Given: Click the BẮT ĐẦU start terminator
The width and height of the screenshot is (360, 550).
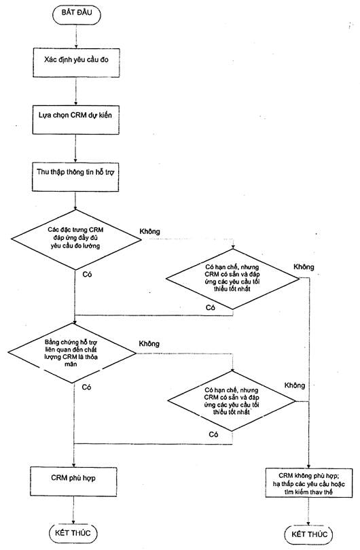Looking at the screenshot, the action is coord(77,14).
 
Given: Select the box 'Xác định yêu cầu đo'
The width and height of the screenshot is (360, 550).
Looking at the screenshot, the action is coord(76,63).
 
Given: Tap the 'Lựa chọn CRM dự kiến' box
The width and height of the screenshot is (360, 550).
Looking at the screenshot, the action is coord(75,120).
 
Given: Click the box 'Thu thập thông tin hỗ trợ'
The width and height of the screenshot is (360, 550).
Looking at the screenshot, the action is coord(75,177).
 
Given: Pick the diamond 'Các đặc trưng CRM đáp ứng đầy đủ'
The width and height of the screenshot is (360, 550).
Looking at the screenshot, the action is coord(76,239).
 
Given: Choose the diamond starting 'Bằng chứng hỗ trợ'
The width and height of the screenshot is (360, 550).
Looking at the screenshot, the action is coord(72,353).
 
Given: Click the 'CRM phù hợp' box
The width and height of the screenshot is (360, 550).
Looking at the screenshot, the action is coord(73,481).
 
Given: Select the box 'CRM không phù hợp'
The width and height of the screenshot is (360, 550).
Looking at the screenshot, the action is coord(309,483).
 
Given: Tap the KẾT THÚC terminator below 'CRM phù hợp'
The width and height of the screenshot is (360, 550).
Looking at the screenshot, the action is coord(73,533).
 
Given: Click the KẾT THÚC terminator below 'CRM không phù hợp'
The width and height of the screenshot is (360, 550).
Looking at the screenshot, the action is coord(309,534).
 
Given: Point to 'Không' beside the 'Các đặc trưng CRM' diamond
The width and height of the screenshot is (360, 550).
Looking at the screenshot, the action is coord(149,232).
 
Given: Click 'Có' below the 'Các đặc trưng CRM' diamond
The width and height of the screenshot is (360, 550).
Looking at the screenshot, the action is coord(88,274).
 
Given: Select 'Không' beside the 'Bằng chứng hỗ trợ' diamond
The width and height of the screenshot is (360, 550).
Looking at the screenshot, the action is coord(149,344).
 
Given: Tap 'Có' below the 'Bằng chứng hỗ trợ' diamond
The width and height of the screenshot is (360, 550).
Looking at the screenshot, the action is coord(86,388).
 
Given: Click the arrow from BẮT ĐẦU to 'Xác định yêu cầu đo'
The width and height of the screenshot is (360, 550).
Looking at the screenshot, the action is coord(77,36).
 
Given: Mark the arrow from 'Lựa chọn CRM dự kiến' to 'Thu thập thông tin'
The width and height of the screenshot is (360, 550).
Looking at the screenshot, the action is coord(75,148).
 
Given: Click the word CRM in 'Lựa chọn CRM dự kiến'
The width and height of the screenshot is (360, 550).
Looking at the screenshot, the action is coord(79,115).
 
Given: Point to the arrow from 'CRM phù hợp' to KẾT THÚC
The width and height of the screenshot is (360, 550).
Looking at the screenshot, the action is coord(73,511).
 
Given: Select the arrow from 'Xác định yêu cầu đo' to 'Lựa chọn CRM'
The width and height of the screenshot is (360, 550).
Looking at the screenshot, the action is coord(76,91).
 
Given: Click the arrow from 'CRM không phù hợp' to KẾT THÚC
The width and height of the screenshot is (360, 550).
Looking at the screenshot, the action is coord(309,512).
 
